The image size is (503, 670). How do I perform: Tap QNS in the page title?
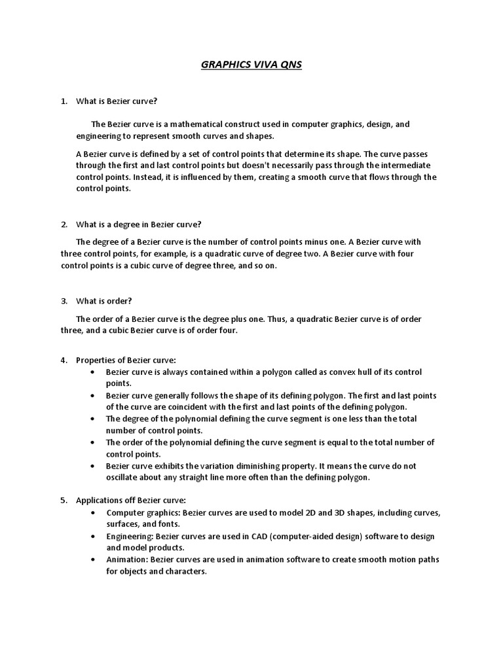tap(289, 65)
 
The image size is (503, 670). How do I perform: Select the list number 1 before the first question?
tap(64, 101)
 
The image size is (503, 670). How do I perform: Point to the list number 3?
tap(64, 301)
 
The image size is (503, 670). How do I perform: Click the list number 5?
tap(64, 500)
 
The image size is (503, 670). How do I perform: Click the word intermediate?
tap(404, 165)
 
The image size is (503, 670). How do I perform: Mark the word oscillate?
tap(124, 478)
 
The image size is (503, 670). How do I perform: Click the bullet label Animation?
tap(126, 559)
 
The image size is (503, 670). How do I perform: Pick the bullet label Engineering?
tap(129, 536)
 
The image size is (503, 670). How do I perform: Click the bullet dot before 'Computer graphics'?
tap(92, 512)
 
